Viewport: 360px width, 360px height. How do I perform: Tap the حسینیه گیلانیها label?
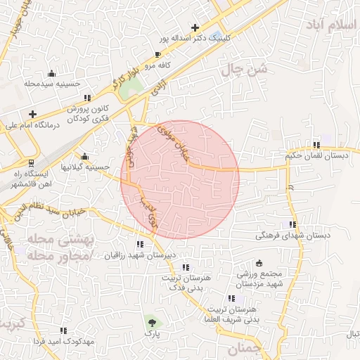tap(85, 167)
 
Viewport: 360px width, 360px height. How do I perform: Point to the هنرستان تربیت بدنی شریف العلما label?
tap(246, 314)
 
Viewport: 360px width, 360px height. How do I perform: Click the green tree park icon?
tap(150, 322)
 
